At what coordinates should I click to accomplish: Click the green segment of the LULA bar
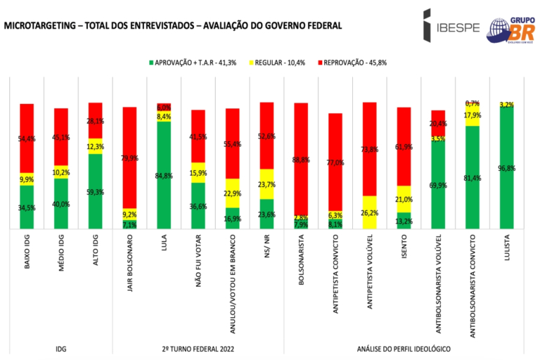(164, 176)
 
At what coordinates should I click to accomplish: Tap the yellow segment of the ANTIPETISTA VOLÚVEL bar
(370, 212)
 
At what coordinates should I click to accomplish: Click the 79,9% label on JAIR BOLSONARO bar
(129, 158)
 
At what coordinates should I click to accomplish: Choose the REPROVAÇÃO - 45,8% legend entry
(356, 63)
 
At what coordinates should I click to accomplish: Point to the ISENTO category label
(404, 250)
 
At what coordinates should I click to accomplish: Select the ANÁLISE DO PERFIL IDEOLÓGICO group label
(404, 349)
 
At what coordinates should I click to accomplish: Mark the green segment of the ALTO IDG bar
(96, 191)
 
